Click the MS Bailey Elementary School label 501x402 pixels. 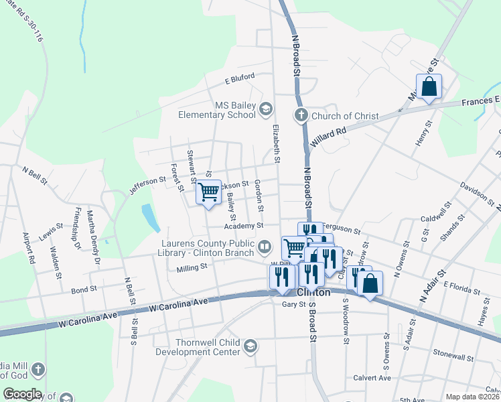(x=216, y=110)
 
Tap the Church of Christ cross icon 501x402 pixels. (x=301, y=115)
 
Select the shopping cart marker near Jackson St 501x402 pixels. (x=209, y=192)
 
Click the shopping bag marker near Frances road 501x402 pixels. (x=429, y=87)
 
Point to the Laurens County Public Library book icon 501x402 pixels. (x=265, y=248)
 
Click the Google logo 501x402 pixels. (x=22, y=394)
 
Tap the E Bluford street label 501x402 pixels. (x=240, y=78)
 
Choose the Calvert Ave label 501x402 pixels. (x=372, y=378)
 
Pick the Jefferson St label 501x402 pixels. (x=147, y=181)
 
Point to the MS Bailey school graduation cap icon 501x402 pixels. (x=266, y=109)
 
